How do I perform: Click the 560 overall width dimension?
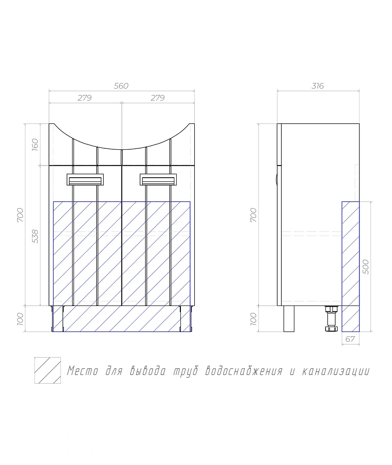[x=121, y=86]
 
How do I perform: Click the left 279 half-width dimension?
[x=85, y=98]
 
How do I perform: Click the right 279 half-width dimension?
[x=158, y=98]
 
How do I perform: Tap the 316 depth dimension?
[x=318, y=86]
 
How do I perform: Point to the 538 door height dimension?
[x=35, y=236]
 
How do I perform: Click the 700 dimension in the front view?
[x=20, y=215]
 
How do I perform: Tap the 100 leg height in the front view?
[x=20, y=319]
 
